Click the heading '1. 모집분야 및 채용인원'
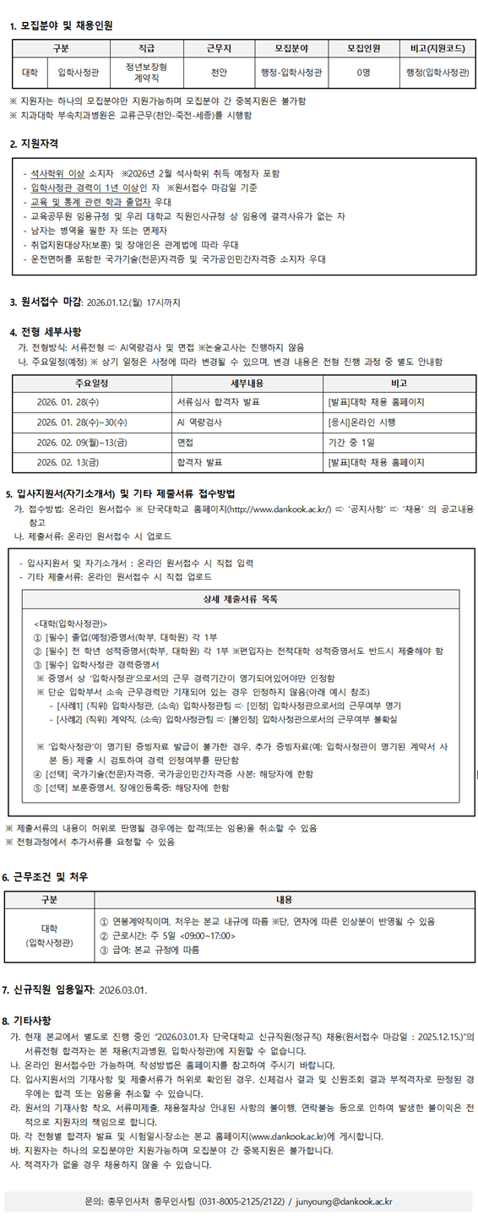(x=60, y=26)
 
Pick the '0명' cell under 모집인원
(x=363, y=72)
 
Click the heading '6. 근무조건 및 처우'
(x=50, y=876)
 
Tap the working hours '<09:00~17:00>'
(x=203, y=935)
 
